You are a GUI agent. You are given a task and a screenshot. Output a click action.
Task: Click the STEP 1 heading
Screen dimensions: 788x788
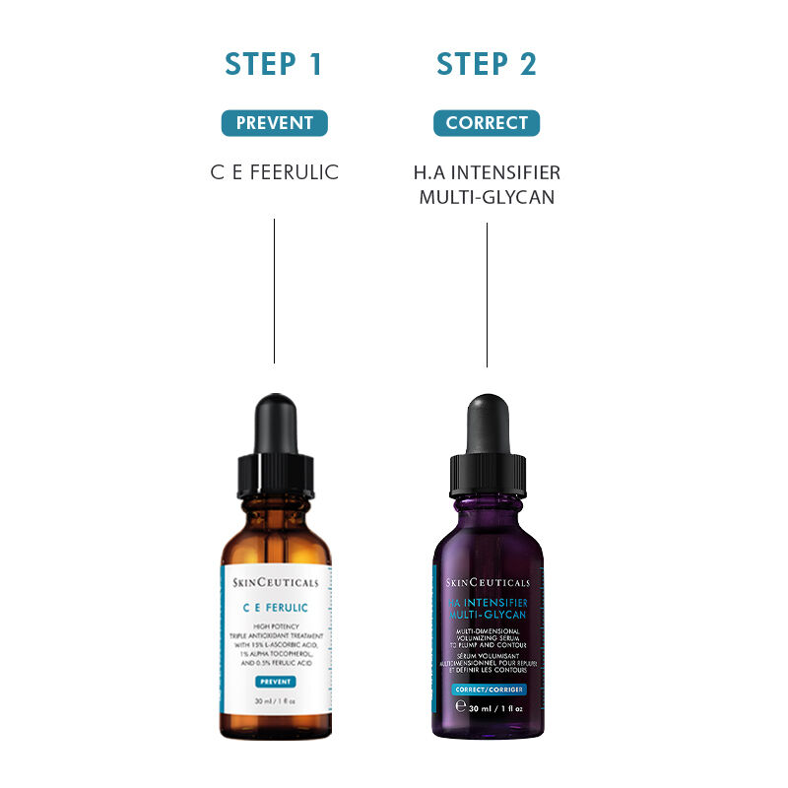pos(274,64)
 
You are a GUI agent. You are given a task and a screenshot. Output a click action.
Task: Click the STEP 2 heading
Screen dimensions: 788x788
pos(487,64)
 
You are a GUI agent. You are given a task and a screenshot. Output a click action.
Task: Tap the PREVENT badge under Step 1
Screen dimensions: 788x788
pos(274,123)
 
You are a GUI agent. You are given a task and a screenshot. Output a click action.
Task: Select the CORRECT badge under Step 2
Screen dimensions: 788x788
pos(487,123)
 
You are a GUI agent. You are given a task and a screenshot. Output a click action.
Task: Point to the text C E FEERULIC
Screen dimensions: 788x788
pos(274,172)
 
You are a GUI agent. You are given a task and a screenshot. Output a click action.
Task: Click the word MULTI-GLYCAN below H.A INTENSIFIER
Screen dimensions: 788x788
pos(487,197)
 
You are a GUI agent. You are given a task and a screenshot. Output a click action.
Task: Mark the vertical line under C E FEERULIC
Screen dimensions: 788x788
pos(274,291)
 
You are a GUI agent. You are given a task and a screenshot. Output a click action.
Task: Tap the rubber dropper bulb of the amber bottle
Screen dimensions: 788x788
pos(275,424)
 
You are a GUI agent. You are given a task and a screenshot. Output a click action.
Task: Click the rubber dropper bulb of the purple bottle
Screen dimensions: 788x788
pos(487,424)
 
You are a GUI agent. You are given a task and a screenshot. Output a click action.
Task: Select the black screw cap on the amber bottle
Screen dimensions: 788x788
pos(275,476)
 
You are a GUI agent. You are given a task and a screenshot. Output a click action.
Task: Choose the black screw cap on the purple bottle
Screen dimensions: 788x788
pos(487,478)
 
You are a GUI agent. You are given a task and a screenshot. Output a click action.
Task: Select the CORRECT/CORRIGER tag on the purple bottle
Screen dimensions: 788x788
pos(487,689)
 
